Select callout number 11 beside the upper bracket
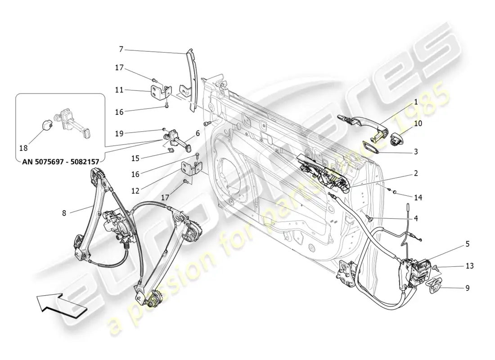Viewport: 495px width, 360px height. coord(119,90)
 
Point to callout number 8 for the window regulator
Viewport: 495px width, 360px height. coord(64,213)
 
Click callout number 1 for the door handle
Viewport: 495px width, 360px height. coord(416,102)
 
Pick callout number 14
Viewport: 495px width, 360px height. coord(418,197)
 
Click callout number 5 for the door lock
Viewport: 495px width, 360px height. coord(467,244)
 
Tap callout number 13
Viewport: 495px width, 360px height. coord(469,266)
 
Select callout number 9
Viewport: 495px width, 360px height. coord(467,288)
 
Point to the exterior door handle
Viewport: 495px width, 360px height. coord(364,122)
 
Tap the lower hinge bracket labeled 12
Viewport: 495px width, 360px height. coord(189,169)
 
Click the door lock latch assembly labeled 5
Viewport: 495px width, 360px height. coord(414,272)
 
